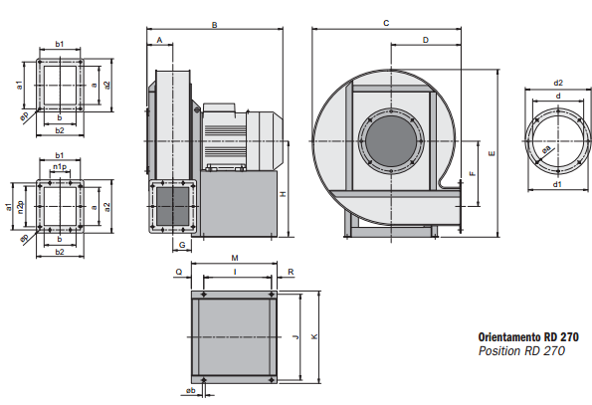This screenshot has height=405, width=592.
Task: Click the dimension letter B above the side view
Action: [x=215, y=25]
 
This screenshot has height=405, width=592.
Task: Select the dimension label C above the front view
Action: [x=386, y=24]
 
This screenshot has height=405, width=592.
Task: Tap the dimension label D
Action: [x=426, y=40]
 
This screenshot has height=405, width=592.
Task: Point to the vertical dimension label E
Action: [x=492, y=153]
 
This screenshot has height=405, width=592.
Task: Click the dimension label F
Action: [x=473, y=173]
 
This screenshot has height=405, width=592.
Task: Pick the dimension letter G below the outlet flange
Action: [x=182, y=245]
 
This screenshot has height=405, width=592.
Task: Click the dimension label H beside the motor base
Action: [x=284, y=194]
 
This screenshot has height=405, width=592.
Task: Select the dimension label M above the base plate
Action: [x=235, y=258]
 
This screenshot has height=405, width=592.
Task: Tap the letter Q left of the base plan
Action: [x=179, y=272]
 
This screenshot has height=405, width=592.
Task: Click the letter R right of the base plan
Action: [x=291, y=272]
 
